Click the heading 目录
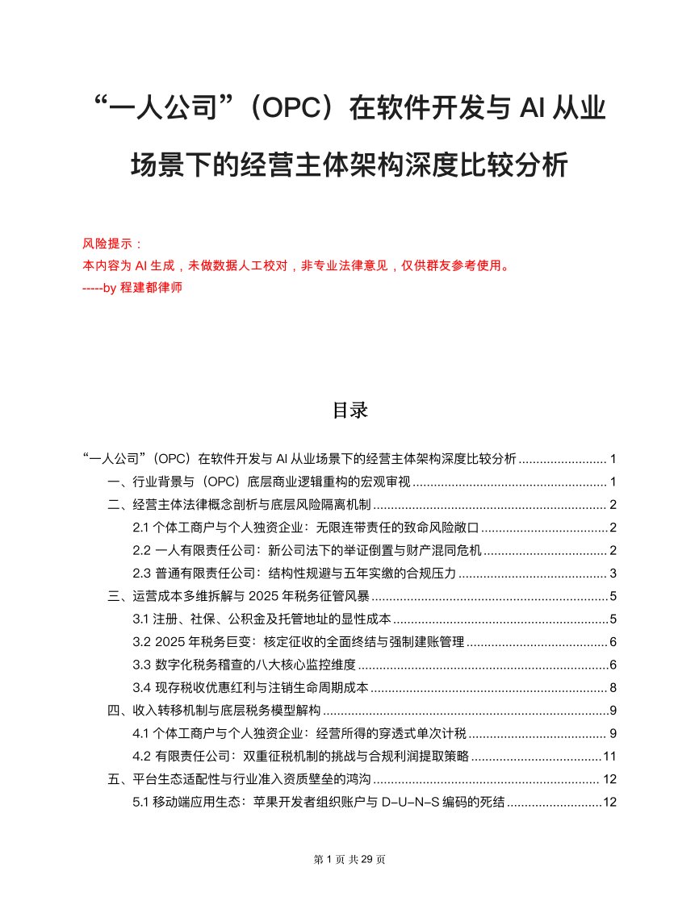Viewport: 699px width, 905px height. coord(349,410)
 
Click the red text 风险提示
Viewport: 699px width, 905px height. coord(111,243)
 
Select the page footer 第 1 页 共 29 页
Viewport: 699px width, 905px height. coord(349,860)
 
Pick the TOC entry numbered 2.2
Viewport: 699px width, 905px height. coord(307,551)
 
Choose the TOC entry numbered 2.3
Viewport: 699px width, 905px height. coord(295,573)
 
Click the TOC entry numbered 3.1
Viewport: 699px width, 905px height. coord(262,619)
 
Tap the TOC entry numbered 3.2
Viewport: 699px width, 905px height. coord(299,642)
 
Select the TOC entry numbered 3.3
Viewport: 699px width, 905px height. coord(245,665)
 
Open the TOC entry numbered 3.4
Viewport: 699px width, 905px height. coord(250,688)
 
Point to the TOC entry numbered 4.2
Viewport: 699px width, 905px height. coord(301,757)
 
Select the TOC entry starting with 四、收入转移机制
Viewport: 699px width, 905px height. coord(215,711)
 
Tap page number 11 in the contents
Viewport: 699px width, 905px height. coord(610,757)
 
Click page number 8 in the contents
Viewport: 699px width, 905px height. coord(613,688)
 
